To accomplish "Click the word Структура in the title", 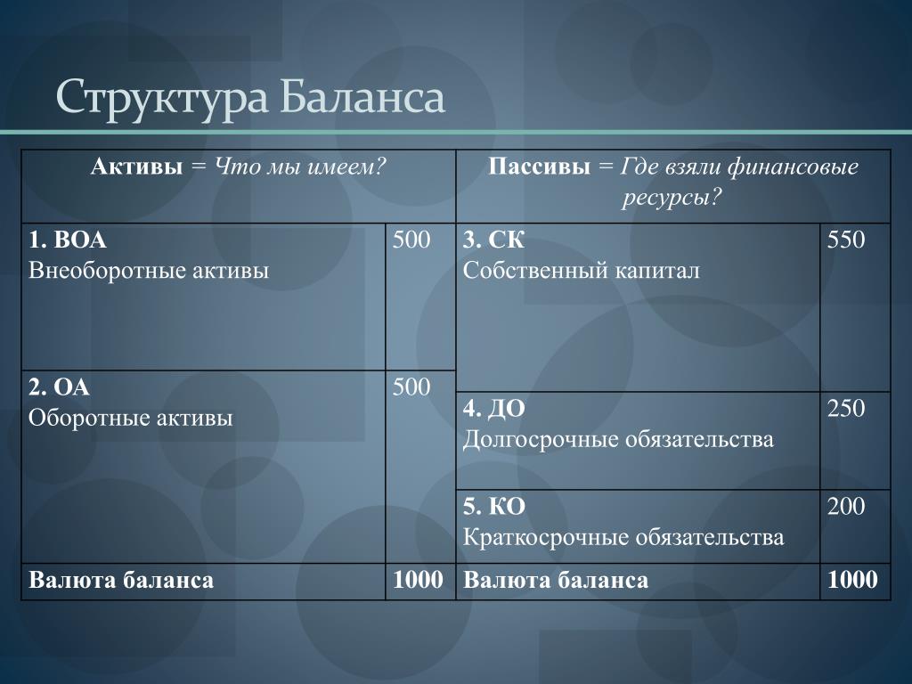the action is pos(162,98).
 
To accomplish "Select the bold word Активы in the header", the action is pos(136,167).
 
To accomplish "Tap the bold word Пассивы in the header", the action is pos(539,167).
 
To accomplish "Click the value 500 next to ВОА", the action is pos(411,240).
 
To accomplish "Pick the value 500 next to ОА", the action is pos(411,387).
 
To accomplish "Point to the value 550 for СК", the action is pos(846,240).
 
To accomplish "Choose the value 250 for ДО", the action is pos(846,408).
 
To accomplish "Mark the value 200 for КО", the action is pos(846,507).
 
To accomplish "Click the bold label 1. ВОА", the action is pos(68,240).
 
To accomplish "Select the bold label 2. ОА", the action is pos(60,387).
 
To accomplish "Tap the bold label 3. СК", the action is pos(493,240).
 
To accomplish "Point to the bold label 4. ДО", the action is pos(494,409).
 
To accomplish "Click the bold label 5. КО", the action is pos(494,507).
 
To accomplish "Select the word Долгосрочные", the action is pos(539,440).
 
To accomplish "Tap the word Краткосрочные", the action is pos(544,538).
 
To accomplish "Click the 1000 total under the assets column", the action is pos(418,580).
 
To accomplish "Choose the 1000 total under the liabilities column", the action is pos(852,580).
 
